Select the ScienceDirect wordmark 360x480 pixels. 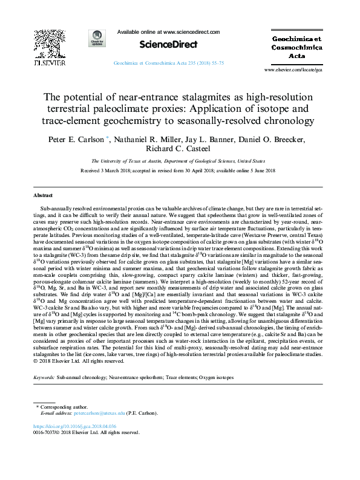[160, 44]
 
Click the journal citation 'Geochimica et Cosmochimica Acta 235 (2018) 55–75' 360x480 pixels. [169, 63]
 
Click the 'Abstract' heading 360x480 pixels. [44, 196]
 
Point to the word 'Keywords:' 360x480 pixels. [44, 377]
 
